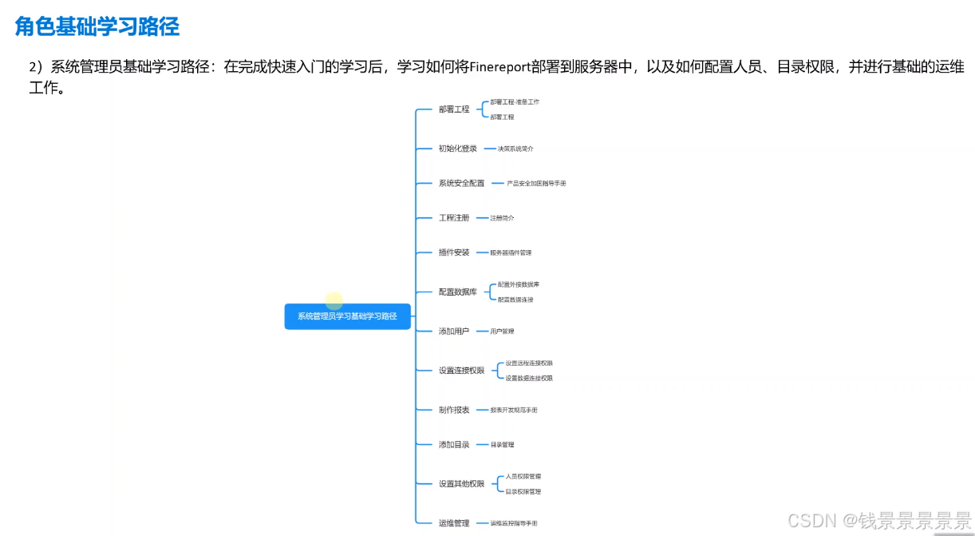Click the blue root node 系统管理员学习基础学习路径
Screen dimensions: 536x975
pyautogui.click(x=347, y=316)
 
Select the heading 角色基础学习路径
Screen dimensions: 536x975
pyautogui.click(x=97, y=26)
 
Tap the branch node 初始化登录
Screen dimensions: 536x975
pyautogui.click(x=457, y=149)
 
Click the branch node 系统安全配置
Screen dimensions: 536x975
pyautogui.click(x=461, y=183)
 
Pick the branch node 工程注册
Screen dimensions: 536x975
pyautogui.click(x=454, y=217)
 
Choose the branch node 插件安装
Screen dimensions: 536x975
pyautogui.click(x=454, y=252)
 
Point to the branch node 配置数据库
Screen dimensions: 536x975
pyautogui.click(x=457, y=292)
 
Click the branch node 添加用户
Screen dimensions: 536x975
pyautogui.click(x=454, y=331)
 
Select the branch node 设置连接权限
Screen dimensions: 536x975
pyautogui.click(x=461, y=370)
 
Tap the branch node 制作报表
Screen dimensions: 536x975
pyautogui.click(x=454, y=410)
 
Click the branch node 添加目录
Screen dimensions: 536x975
pyautogui.click(x=454, y=444)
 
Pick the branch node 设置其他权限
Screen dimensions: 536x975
pyautogui.click(x=461, y=483)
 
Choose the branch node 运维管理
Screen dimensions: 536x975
pyautogui.click(x=454, y=523)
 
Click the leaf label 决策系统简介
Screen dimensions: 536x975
pyautogui.click(x=515, y=149)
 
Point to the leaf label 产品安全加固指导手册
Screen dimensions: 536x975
pyautogui.click(x=536, y=183)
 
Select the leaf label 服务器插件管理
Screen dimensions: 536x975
pyautogui.click(x=511, y=252)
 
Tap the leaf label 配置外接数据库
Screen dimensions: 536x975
pyautogui.click(x=519, y=284)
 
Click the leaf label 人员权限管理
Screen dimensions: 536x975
pyautogui.click(x=523, y=476)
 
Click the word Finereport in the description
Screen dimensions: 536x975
pyautogui.click(x=500, y=67)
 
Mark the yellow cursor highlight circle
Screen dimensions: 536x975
pyautogui.click(x=334, y=301)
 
